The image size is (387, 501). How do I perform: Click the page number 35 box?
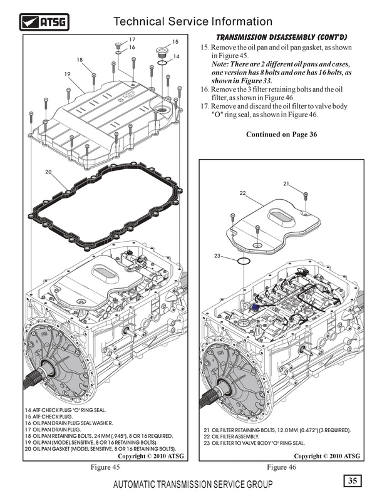[x=353, y=481]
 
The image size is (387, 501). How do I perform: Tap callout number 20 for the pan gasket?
[x=48, y=172]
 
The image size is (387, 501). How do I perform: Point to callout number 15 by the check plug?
[x=175, y=42]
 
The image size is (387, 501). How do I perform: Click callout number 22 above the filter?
[x=242, y=193]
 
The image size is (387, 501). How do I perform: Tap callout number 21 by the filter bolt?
[x=286, y=183]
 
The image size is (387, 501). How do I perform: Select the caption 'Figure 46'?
[x=281, y=468]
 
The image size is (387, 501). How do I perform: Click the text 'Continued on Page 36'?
[x=282, y=134]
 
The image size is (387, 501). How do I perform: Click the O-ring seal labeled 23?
[x=245, y=261]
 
